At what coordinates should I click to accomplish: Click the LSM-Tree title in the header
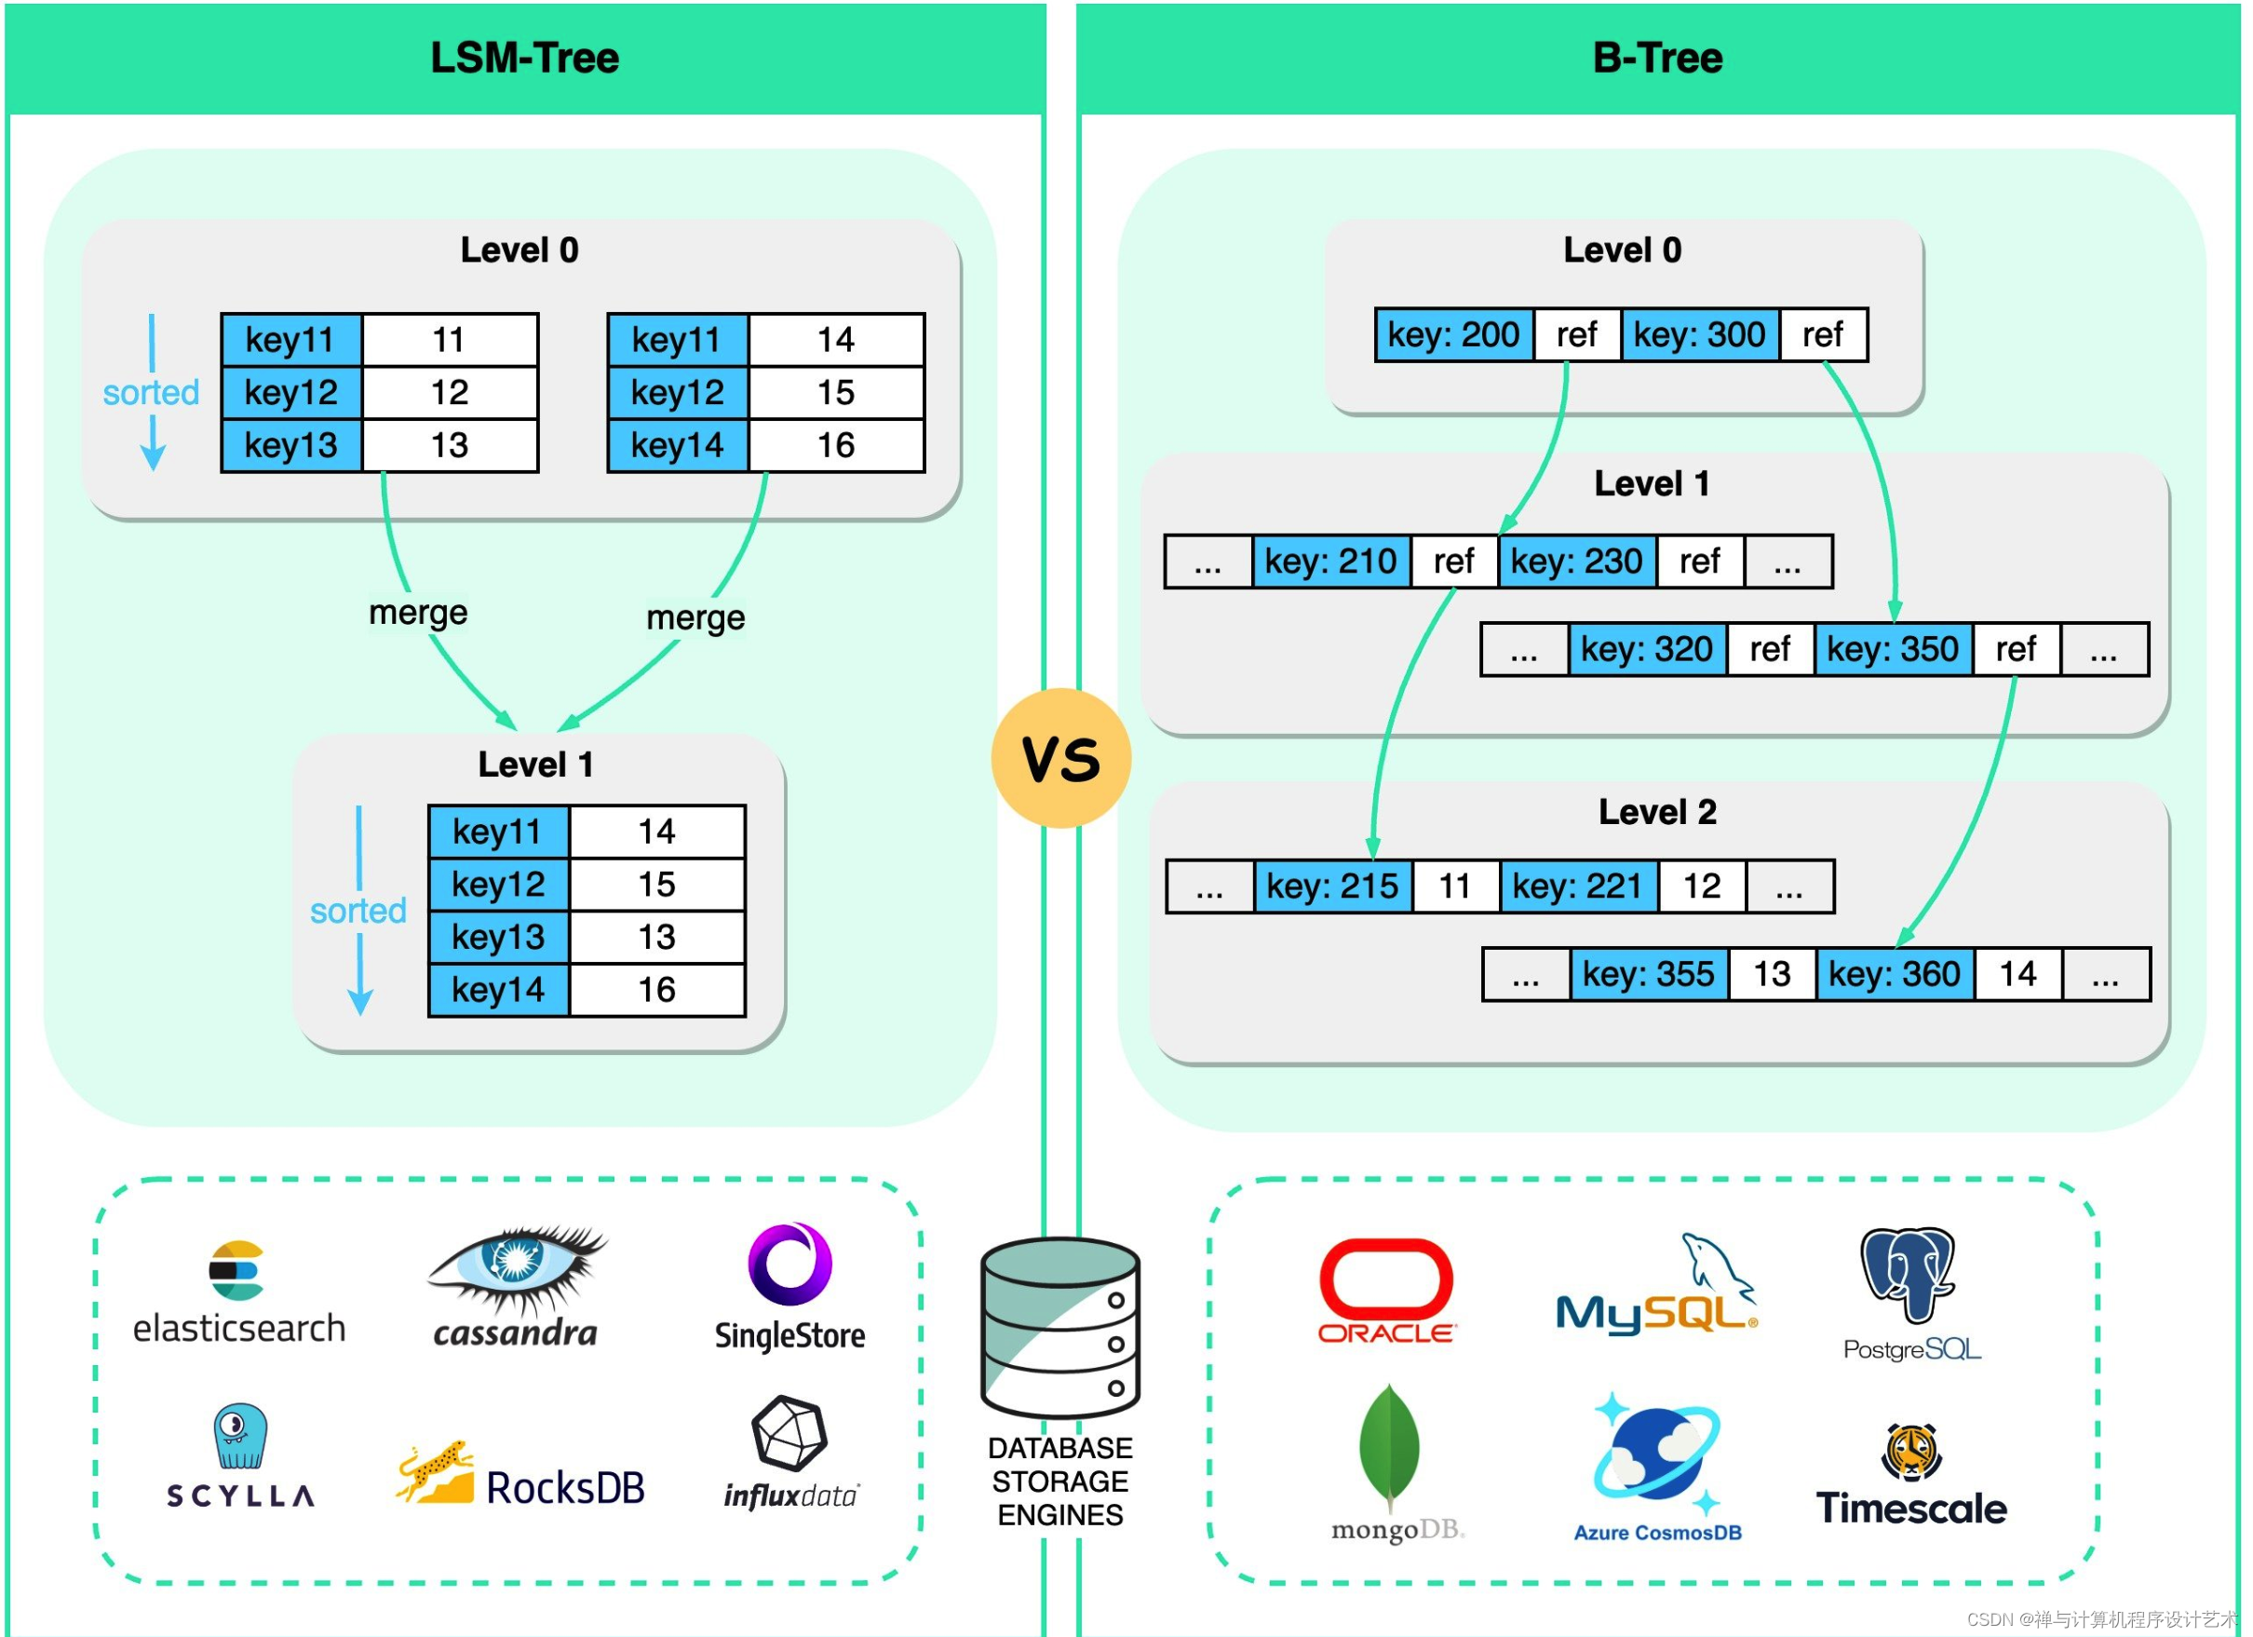tap(524, 58)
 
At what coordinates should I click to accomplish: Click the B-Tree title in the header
tap(1657, 58)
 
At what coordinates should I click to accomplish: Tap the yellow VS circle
tap(1061, 759)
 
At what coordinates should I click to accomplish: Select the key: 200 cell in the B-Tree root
tap(1453, 334)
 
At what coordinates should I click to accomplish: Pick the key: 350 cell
tap(1893, 650)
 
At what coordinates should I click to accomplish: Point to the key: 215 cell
tap(1332, 886)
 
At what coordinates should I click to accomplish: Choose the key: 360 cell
tap(1895, 973)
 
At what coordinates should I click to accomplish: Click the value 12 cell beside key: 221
tap(1702, 886)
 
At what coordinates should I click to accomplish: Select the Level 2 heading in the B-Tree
tap(1657, 813)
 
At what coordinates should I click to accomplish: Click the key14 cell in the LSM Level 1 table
tap(498, 989)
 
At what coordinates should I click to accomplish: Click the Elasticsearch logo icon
tap(236, 1270)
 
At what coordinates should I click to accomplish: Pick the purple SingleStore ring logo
tap(789, 1265)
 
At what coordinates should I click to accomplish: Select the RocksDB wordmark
tap(564, 1488)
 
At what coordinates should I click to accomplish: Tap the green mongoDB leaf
tap(1389, 1445)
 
